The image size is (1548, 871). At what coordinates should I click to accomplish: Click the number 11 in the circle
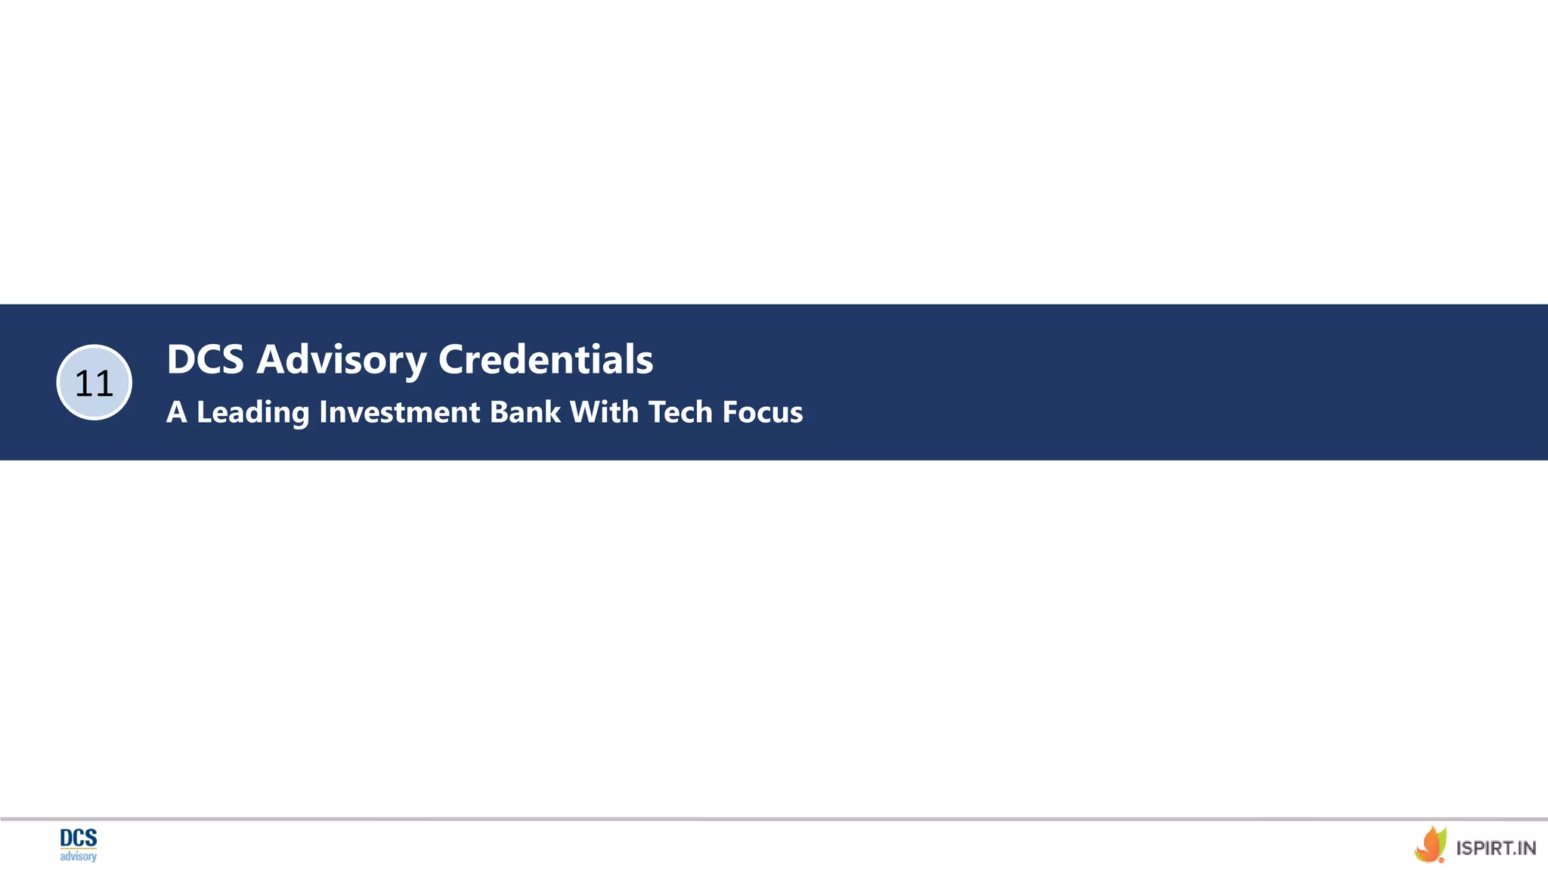(x=94, y=383)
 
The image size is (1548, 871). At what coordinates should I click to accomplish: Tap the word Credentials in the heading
(x=546, y=359)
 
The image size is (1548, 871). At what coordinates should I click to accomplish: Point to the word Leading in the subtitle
(x=252, y=413)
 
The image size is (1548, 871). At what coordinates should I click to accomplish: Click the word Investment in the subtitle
(x=400, y=412)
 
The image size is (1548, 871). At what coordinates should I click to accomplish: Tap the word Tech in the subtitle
(x=680, y=412)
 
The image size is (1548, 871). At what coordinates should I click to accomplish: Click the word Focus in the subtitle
(x=763, y=412)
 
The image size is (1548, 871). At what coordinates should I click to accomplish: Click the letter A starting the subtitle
(x=176, y=412)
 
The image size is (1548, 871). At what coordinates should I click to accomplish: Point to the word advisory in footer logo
(x=79, y=857)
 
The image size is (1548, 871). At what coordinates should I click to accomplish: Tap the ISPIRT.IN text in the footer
(x=1496, y=848)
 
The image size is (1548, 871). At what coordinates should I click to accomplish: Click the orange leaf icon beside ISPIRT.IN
(x=1430, y=845)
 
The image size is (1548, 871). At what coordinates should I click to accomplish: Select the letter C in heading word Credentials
(x=455, y=359)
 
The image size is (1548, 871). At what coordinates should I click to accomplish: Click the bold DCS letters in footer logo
(x=79, y=838)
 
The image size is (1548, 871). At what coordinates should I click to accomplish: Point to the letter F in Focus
(x=730, y=412)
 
